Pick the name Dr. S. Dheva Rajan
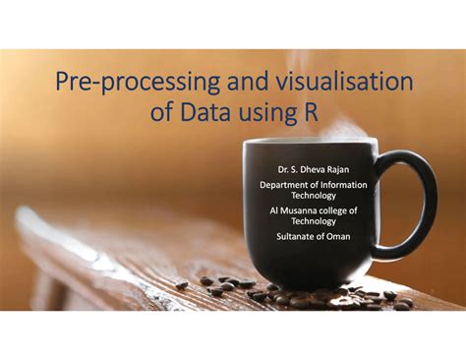coord(313,170)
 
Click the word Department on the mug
coord(285,185)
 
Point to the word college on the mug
coord(338,210)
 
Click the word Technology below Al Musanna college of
coord(314,221)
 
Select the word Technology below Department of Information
coord(314,196)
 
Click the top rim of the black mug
coord(309,144)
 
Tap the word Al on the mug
coord(274,210)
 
